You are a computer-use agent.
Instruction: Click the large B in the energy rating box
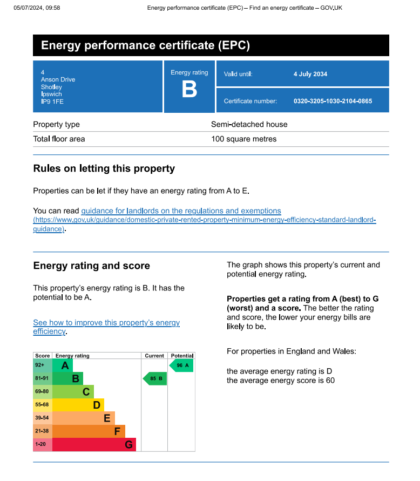[189, 90]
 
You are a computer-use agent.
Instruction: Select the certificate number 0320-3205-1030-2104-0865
[333, 101]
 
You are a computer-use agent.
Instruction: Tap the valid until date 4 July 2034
[310, 74]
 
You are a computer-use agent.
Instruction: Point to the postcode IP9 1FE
[52, 101]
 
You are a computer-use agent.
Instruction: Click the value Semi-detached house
[249, 124]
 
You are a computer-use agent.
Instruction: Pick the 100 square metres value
[243, 139]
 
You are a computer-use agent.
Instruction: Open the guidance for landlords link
[181, 211]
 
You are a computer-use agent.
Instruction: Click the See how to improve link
[106, 323]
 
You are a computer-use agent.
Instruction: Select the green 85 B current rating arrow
[155, 379]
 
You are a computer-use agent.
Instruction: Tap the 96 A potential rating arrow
[181, 365]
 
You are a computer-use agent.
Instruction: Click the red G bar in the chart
[94, 445]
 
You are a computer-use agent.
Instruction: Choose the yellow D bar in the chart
[78, 405]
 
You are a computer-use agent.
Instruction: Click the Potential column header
[182, 356]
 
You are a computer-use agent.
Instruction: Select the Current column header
[154, 356]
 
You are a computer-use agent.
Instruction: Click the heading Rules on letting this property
[104, 168]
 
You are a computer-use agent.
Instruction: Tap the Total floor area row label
[59, 139]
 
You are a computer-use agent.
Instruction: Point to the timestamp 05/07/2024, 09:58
[37, 8]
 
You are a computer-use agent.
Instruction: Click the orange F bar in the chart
[89, 431]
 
